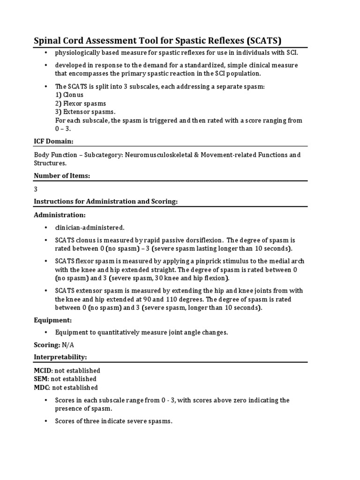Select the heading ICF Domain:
point(53,141)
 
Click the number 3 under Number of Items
point(36,189)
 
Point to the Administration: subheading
point(60,215)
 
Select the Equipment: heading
point(52,320)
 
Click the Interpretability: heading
point(60,357)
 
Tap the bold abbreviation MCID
point(41,370)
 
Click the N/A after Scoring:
point(68,345)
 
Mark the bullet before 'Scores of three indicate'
point(46,421)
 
